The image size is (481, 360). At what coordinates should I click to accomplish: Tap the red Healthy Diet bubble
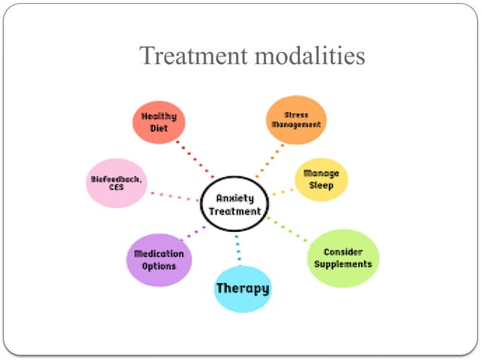pyautogui.click(x=159, y=123)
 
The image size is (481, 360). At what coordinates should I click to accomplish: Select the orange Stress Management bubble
pyautogui.click(x=296, y=120)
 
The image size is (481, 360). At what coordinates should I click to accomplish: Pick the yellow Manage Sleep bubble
pyautogui.click(x=321, y=179)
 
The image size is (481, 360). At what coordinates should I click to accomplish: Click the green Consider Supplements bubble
pyautogui.click(x=344, y=258)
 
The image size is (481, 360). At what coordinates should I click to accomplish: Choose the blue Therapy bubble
pyautogui.click(x=242, y=288)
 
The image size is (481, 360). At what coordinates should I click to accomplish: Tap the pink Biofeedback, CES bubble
pyautogui.click(x=115, y=183)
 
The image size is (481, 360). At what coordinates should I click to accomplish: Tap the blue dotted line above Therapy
pyautogui.click(x=238, y=249)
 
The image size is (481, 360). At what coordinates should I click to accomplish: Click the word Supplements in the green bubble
pyautogui.click(x=344, y=264)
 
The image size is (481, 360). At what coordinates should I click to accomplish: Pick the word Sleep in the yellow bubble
pyautogui.click(x=321, y=185)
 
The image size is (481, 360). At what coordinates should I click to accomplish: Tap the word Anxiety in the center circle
pyautogui.click(x=235, y=198)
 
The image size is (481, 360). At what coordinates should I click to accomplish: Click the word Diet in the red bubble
pyautogui.click(x=159, y=129)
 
